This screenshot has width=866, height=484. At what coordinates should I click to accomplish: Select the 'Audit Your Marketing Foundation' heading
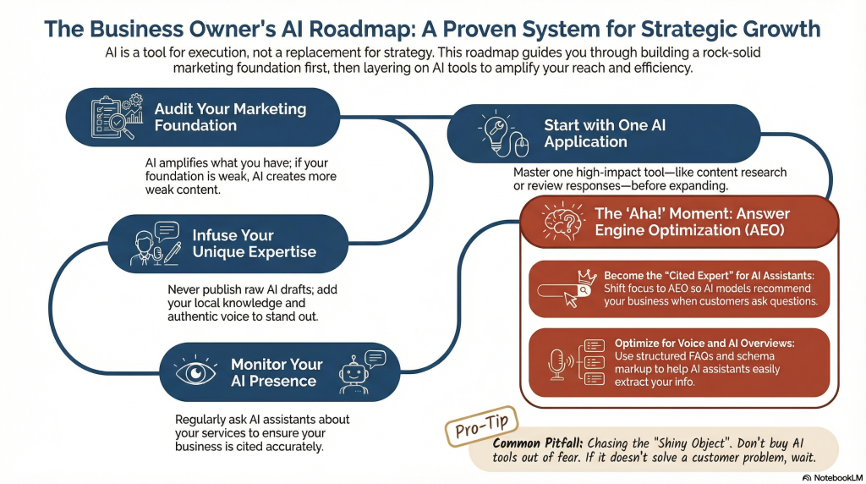(x=230, y=117)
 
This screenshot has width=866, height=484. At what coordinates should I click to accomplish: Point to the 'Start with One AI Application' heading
(x=605, y=133)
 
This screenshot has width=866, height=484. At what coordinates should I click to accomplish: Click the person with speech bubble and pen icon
(x=156, y=244)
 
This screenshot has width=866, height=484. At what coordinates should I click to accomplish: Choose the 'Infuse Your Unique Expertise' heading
(x=254, y=243)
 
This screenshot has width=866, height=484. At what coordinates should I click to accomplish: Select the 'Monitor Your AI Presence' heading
(x=277, y=372)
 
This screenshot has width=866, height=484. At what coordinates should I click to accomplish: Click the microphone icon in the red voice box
(x=556, y=364)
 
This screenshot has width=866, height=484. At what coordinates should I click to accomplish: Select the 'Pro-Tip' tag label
(x=481, y=426)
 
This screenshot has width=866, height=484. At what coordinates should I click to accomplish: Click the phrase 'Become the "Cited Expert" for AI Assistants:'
(x=709, y=275)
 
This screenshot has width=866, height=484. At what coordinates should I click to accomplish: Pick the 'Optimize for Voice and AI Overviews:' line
(x=704, y=343)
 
